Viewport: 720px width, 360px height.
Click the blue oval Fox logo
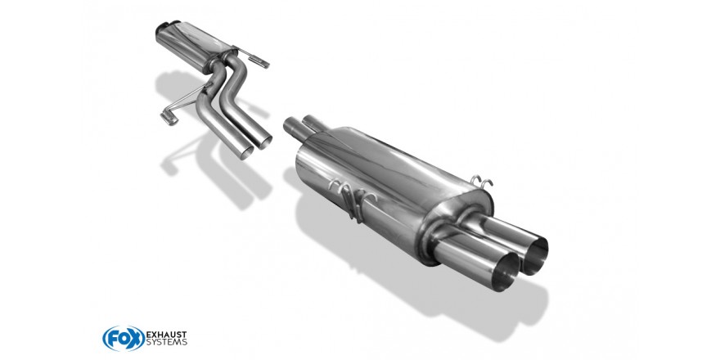[124, 339]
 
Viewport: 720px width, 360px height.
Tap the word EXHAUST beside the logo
[166, 335]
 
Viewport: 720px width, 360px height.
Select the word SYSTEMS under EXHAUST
[166, 343]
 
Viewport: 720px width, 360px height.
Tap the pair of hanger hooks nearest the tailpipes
[482, 182]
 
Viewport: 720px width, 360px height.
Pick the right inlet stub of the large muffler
[313, 122]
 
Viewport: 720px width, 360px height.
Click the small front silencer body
[193, 45]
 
